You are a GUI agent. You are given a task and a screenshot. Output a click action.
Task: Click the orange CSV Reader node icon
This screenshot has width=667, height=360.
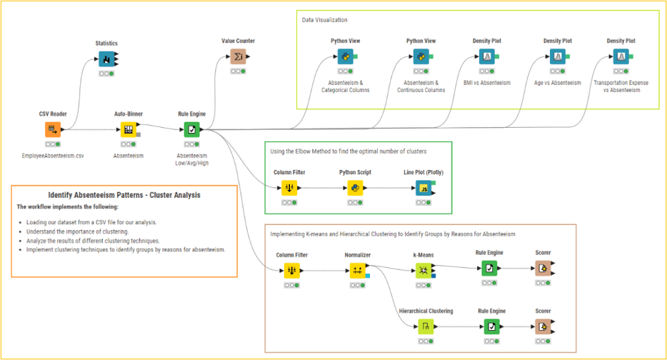[53, 129]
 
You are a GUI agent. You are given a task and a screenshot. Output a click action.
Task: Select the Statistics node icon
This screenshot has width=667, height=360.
[106, 59]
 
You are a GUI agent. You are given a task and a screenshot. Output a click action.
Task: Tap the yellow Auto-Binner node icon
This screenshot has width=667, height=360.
[129, 129]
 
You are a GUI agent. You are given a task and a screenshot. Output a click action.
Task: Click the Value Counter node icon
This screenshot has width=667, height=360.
[238, 56]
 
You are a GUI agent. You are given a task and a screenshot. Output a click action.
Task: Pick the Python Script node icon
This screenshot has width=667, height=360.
[353, 189]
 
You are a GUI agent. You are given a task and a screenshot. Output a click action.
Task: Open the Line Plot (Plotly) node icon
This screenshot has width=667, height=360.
[423, 189]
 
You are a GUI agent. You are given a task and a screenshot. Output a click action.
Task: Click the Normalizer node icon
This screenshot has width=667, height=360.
[357, 270]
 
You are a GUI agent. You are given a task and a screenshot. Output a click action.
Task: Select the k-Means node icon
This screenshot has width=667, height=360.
[424, 270]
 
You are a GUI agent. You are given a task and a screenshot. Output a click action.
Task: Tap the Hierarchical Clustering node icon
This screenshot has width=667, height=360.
[425, 327]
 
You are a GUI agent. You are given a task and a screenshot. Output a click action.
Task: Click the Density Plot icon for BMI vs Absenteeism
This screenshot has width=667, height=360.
[487, 56]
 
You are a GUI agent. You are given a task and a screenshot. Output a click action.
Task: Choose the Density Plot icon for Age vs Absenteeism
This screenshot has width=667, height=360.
[557, 56]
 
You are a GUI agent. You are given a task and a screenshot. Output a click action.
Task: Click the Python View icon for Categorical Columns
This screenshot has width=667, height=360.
[346, 56]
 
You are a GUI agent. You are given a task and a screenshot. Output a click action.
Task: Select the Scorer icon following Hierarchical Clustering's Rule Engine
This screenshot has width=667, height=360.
[543, 327]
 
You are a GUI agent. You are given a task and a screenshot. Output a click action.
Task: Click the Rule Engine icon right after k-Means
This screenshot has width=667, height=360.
[490, 269]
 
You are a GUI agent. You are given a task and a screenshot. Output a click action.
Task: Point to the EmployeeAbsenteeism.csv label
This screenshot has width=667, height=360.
[53, 156]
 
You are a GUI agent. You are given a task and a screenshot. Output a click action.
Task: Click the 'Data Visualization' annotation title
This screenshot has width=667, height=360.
[325, 20]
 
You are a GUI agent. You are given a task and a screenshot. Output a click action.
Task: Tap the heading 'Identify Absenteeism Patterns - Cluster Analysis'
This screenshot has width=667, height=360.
[124, 195]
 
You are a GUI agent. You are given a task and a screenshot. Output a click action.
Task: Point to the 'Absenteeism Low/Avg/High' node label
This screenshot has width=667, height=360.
[191, 159]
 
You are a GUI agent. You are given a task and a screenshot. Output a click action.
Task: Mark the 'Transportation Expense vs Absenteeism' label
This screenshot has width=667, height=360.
[621, 86]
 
